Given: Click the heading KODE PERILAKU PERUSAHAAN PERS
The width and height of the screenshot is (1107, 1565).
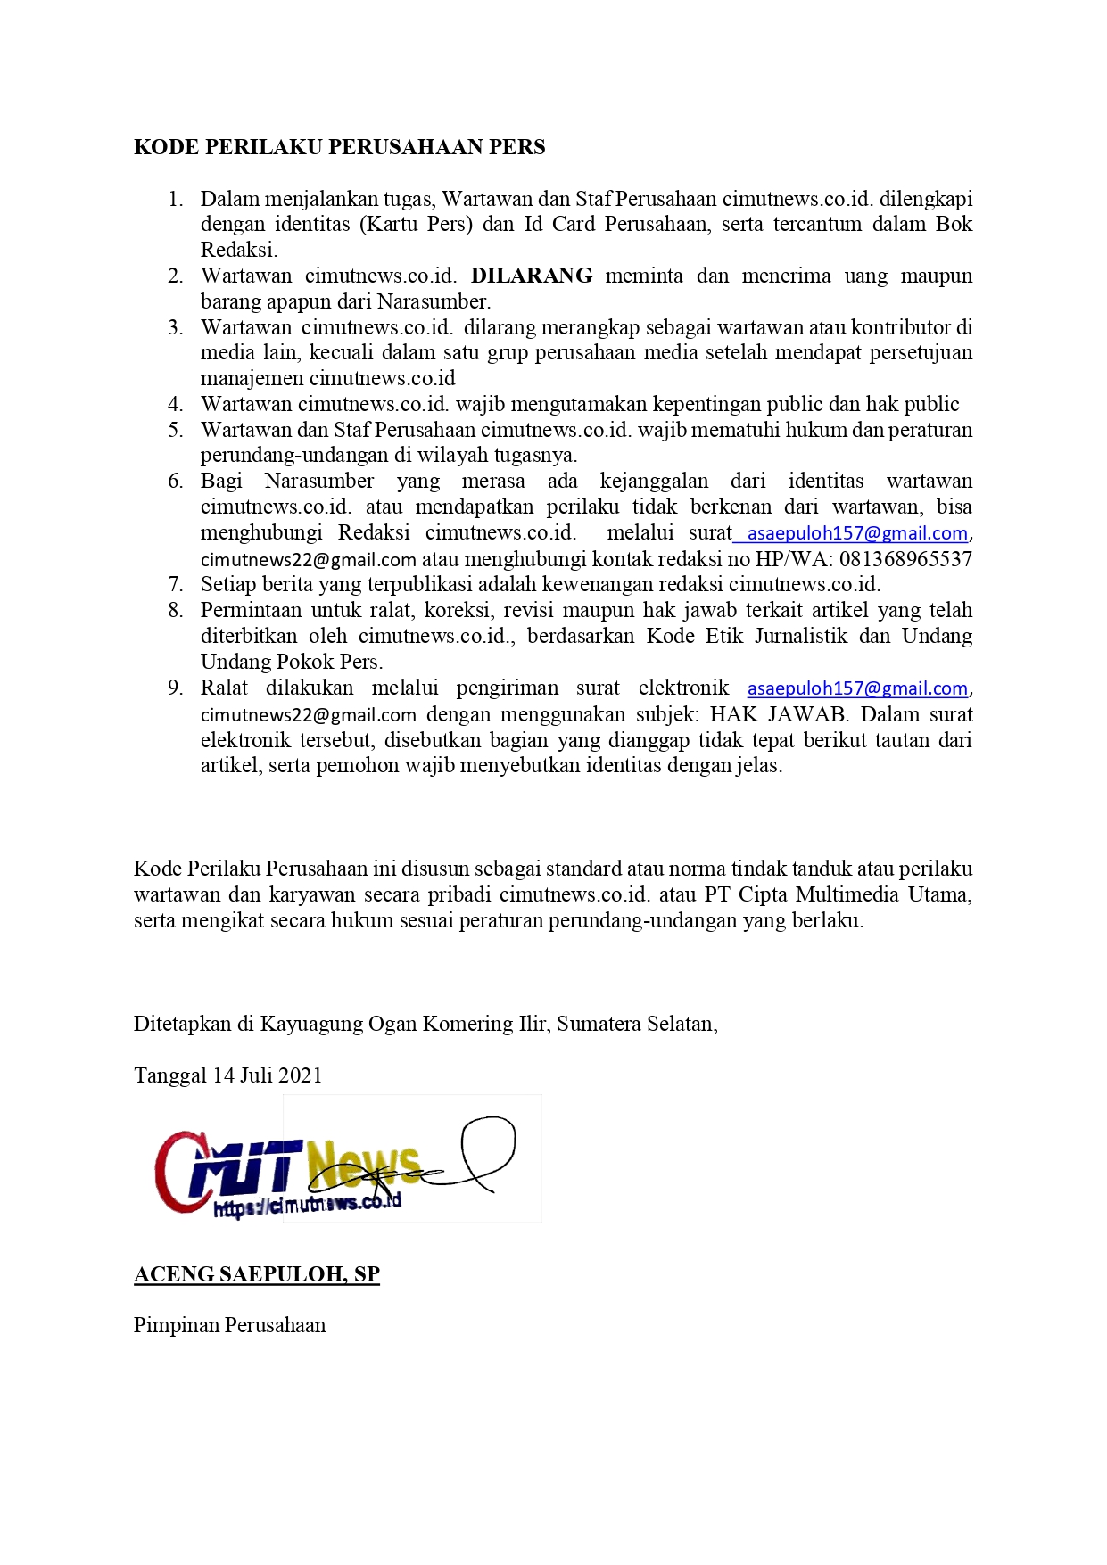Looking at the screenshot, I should coord(339,147).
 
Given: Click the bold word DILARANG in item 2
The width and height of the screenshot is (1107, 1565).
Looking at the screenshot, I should coord(531,276).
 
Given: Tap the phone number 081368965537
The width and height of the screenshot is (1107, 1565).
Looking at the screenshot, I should coord(905,559).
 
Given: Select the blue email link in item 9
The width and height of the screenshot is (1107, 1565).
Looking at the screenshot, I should coord(856,688).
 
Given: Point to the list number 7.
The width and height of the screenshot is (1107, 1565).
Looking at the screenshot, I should coord(176,585).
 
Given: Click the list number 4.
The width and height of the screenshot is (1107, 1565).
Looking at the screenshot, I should coord(176,404).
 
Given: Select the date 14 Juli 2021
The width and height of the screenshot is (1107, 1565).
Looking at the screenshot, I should coord(267,1075).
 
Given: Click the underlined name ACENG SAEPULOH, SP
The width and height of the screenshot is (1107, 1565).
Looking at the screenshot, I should coord(257,1274).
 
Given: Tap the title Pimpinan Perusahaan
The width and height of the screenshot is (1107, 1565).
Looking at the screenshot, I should coord(229,1325).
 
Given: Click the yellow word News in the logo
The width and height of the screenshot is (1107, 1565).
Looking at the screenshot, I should coord(363,1164).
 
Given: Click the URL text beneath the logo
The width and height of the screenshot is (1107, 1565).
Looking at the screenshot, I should coord(307,1205).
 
